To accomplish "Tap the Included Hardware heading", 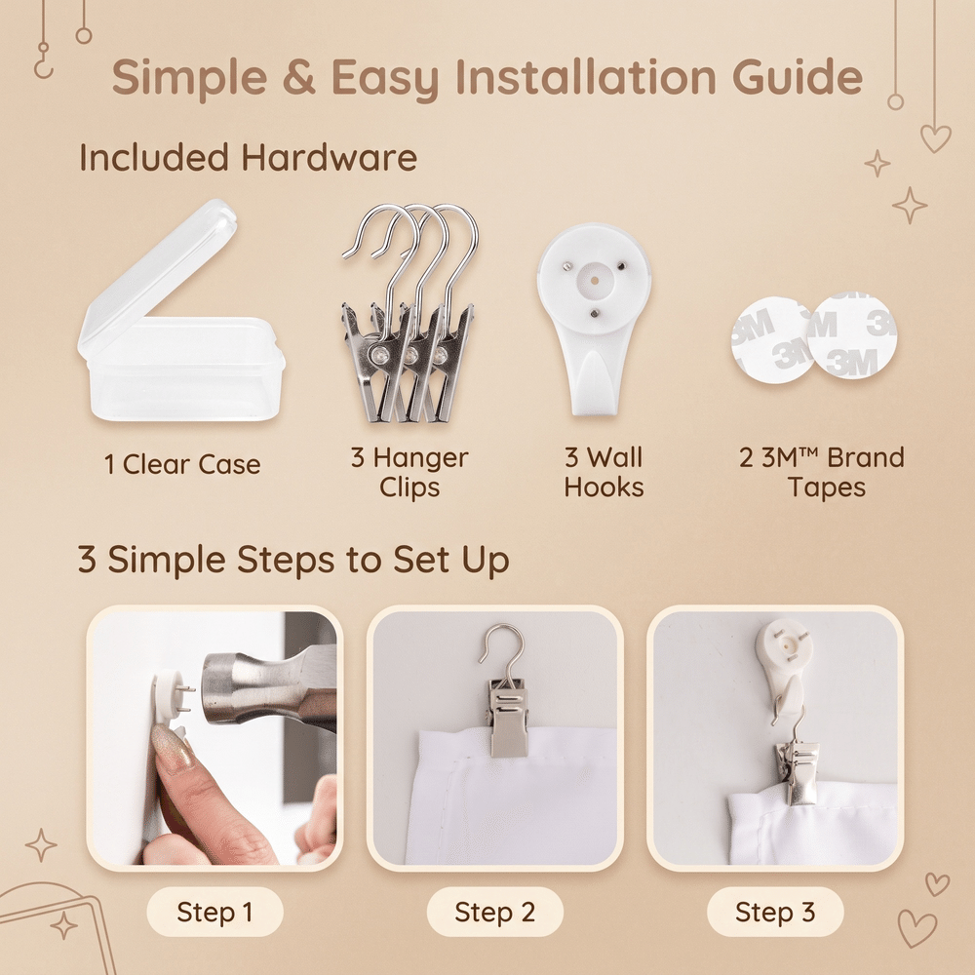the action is tap(248, 157).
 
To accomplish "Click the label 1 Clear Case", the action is tap(182, 464).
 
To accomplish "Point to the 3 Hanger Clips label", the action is tap(409, 472).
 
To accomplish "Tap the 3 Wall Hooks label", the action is tap(604, 472).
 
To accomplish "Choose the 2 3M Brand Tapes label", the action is tap(821, 472).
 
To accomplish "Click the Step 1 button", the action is tap(215, 913).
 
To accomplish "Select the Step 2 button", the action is tap(495, 913).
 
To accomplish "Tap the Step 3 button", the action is tap(775, 913).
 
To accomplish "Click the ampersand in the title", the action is tap(298, 77).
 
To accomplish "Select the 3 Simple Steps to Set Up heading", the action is tap(293, 560).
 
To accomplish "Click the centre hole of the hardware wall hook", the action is tap(594, 281).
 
